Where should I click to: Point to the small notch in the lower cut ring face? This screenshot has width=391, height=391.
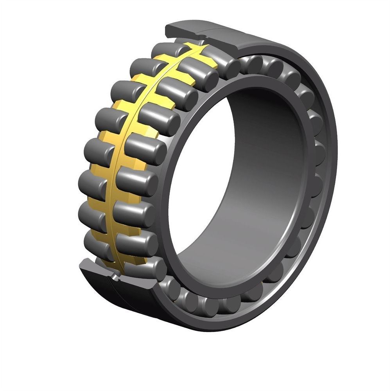tap(115, 276)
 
